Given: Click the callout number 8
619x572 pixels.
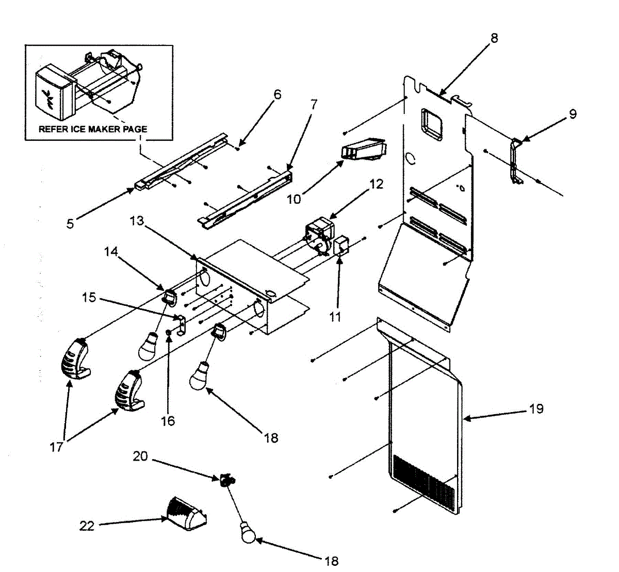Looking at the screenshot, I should [x=494, y=38].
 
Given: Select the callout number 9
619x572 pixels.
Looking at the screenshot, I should [x=573, y=114].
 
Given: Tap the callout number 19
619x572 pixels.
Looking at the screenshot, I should [x=536, y=409].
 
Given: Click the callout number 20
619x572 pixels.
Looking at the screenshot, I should [x=140, y=456].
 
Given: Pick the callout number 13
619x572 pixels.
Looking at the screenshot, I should [x=136, y=221].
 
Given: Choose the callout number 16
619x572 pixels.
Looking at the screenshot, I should [x=168, y=421].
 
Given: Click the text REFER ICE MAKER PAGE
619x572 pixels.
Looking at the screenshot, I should [x=93, y=129].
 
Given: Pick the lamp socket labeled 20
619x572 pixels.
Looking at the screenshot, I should [x=226, y=480].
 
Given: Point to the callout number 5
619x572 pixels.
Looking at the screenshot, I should [x=70, y=223].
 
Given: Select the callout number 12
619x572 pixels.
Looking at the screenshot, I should [x=377, y=184].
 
